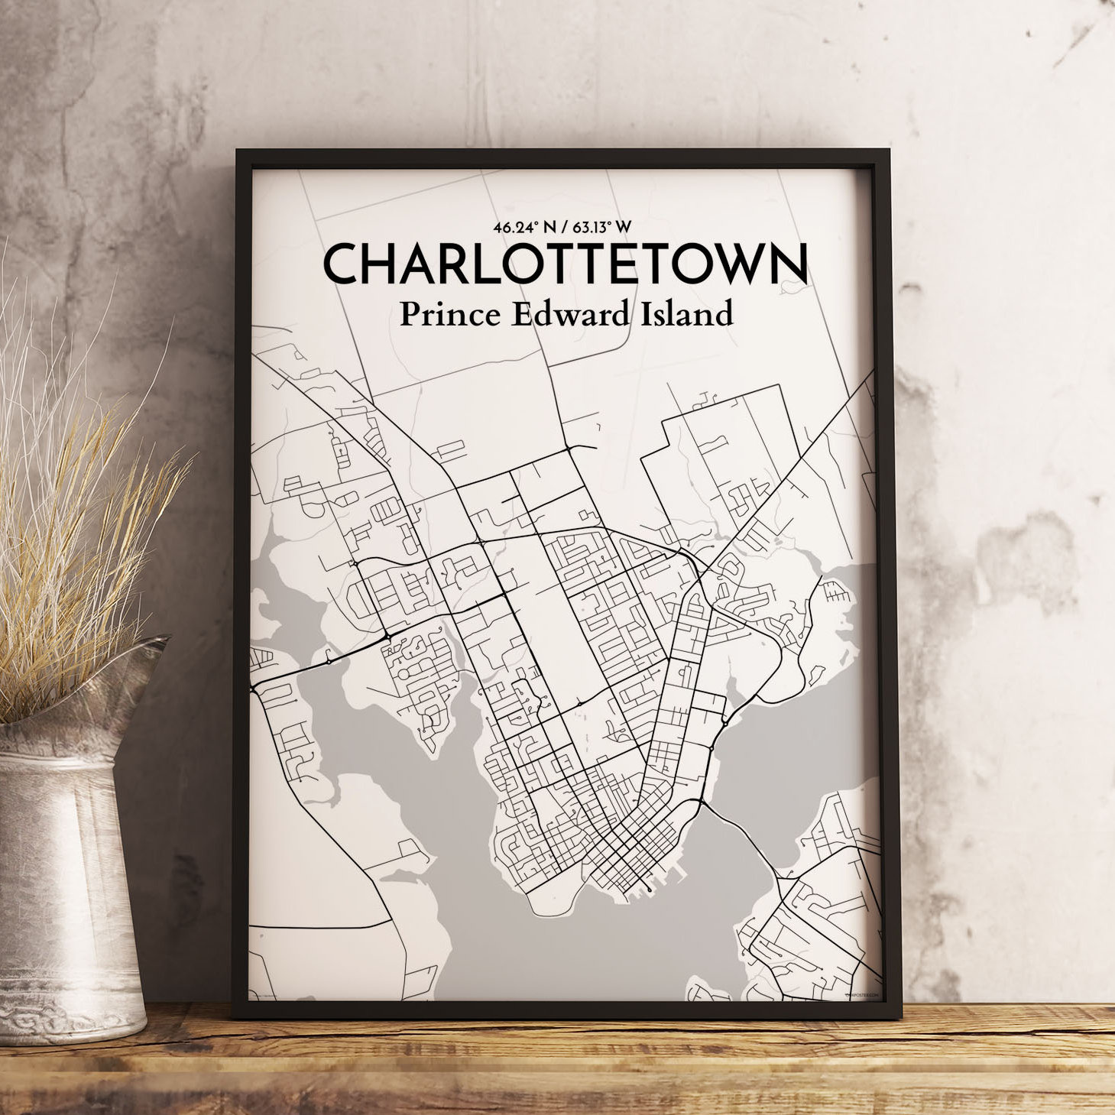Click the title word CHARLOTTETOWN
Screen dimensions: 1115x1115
pyautogui.click(x=565, y=264)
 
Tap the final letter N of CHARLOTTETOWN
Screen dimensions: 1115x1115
pyautogui.click(x=786, y=264)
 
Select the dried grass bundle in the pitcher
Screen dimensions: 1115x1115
pyautogui.click(x=76, y=497)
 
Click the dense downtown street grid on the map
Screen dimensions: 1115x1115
pyautogui.click(x=627, y=848)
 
